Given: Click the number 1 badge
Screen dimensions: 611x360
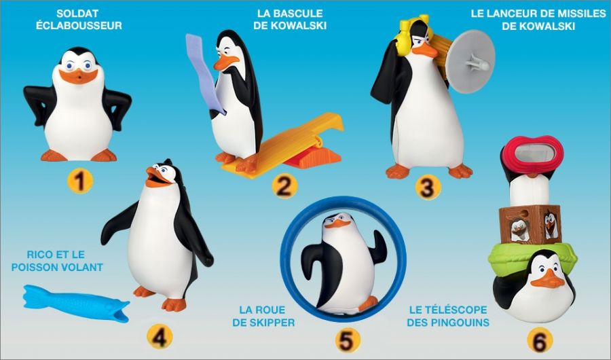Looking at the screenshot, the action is pyautogui.click(x=80, y=181).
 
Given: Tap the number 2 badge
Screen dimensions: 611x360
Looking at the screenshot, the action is pyautogui.click(x=284, y=185).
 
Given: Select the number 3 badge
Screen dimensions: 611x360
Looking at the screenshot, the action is pyautogui.click(x=428, y=187).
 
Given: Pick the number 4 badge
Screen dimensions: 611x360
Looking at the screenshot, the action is pyautogui.click(x=160, y=336).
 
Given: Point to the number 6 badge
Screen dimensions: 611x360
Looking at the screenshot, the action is pyautogui.click(x=540, y=340).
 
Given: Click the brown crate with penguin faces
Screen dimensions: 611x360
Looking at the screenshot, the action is pyautogui.click(x=530, y=224).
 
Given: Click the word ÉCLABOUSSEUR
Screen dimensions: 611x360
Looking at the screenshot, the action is pyautogui.click(x=79, y=26).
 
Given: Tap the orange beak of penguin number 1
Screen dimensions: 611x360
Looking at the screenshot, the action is pyautogui.click(x=78, y=76).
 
